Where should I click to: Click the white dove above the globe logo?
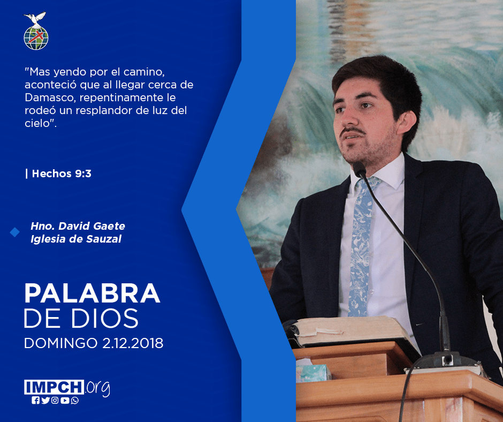tap(35, 19)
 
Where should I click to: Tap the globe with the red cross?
tap(36, 38)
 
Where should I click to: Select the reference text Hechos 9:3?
tap(62, 174)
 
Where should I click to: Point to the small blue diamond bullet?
tap(14, 232)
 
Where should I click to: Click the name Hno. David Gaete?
tap(78, 226)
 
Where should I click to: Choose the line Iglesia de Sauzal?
tap(76, 239)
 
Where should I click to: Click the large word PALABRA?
tap(92, 293)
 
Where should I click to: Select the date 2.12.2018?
tap(133, 343)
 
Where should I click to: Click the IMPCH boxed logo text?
tap(54, 387)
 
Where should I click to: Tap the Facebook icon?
tap(35, 401)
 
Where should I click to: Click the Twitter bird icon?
tap(45, 401)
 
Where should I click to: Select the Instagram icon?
tap(55, 401)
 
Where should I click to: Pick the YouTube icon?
tap(65, 401)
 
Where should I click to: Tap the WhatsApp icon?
tap(75, 401)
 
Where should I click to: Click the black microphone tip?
tap(359, 169)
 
